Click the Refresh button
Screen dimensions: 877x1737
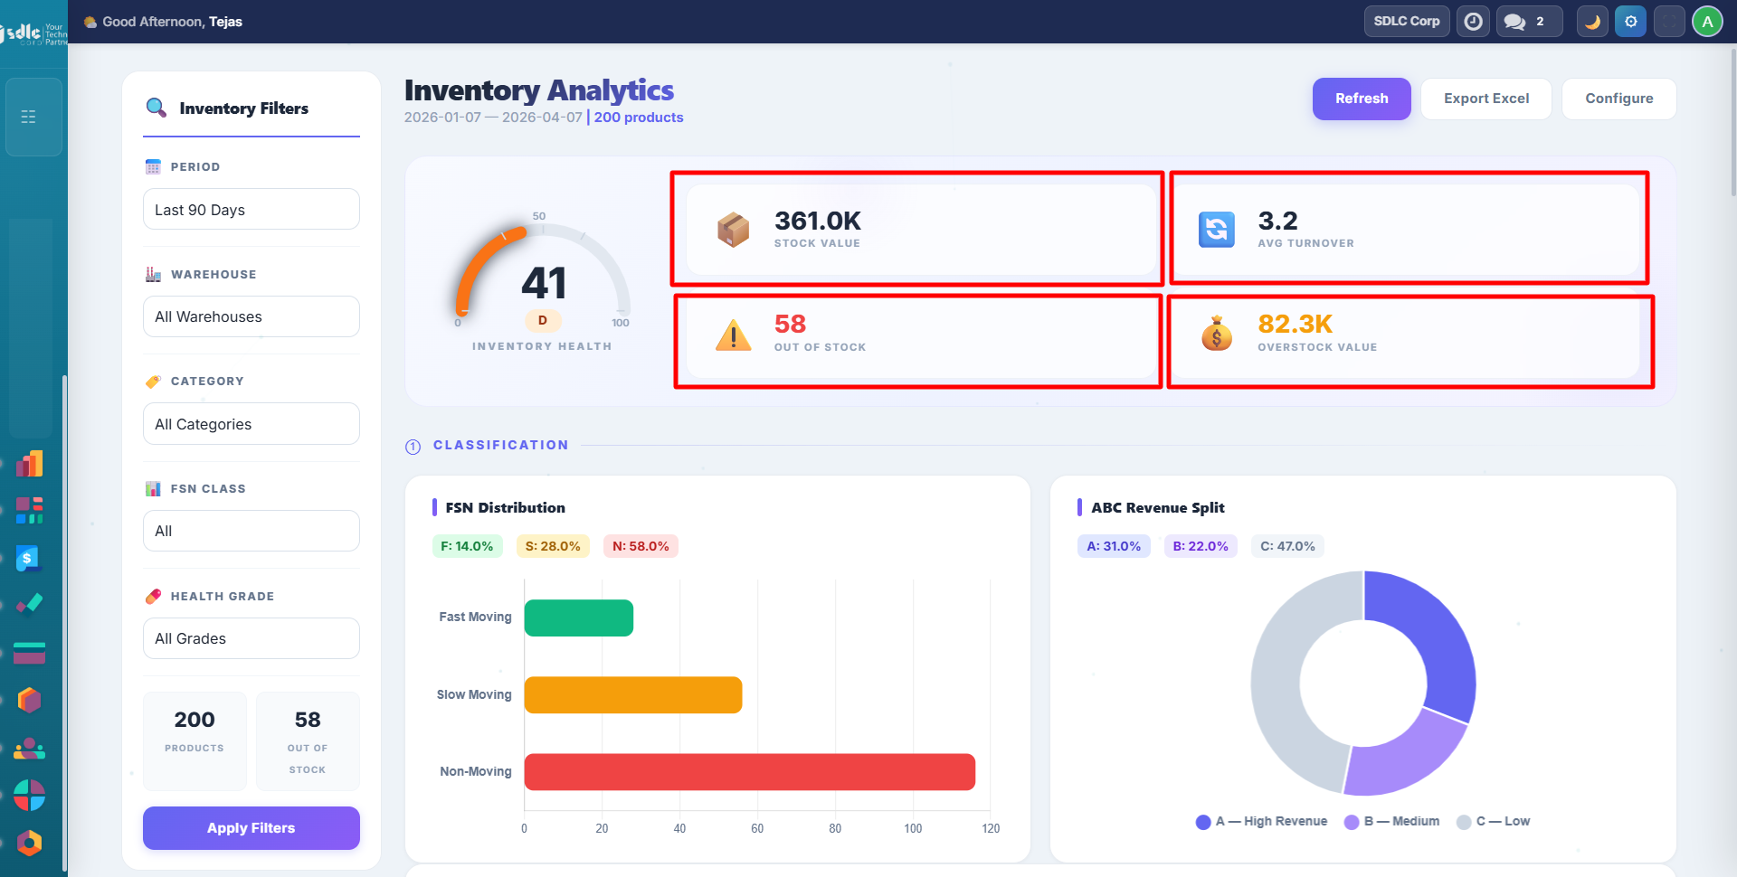coord(1361,99)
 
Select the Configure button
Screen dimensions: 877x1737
coord(1618,99)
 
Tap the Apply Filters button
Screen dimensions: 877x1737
coord(251,828)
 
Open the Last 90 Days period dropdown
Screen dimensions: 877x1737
coord(251,210)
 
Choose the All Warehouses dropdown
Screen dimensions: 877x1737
coord(251,316)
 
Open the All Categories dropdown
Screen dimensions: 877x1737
coord(251,424)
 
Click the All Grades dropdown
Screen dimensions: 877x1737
coord(251,638)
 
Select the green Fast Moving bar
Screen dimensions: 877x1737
coord(578,618)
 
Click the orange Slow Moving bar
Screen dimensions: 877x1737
coord(632,694)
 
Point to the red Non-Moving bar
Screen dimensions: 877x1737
coord(749,772)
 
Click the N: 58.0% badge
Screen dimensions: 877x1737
coord(641,546)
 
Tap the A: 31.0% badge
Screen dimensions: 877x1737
coord(1114,546)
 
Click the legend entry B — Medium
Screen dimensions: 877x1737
coord(1392,822)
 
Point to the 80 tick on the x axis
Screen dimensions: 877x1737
coord(835,828)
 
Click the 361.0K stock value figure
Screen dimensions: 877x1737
coord(817,222)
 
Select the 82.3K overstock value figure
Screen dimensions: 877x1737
coord(1295,324)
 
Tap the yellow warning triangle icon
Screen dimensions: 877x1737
coord(733,335)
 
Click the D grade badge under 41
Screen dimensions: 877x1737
coord(543,320)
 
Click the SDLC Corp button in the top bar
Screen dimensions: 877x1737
coord(1406,21)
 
